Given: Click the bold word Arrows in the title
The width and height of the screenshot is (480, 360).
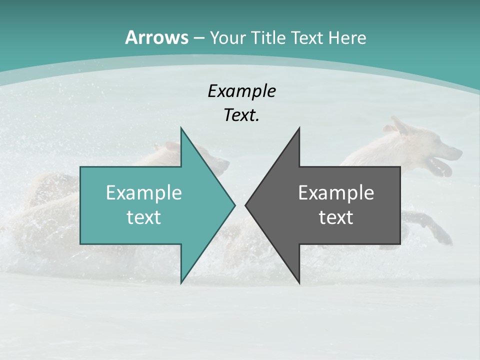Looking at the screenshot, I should tap(157, 37).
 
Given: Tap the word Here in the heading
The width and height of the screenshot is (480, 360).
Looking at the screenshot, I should tap(347, 38).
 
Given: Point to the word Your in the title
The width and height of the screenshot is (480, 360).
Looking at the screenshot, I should tap(228, 38).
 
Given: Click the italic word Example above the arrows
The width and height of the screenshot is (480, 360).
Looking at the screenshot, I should tap(241, 91).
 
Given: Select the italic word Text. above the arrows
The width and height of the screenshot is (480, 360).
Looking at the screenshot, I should tap(241, 115).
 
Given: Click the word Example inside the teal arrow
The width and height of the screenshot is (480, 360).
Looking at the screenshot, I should tap(143, 192).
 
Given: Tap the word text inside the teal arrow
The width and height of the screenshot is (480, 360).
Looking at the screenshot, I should tap(143, 217).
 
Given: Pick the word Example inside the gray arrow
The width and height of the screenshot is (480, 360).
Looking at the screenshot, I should tap(336, 192).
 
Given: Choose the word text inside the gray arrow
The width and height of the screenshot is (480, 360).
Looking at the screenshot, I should tap(336, 217).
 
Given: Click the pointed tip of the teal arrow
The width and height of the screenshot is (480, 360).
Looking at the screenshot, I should tap(234, 205).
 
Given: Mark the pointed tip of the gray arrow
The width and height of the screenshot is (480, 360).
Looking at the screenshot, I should tap(246, 205).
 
